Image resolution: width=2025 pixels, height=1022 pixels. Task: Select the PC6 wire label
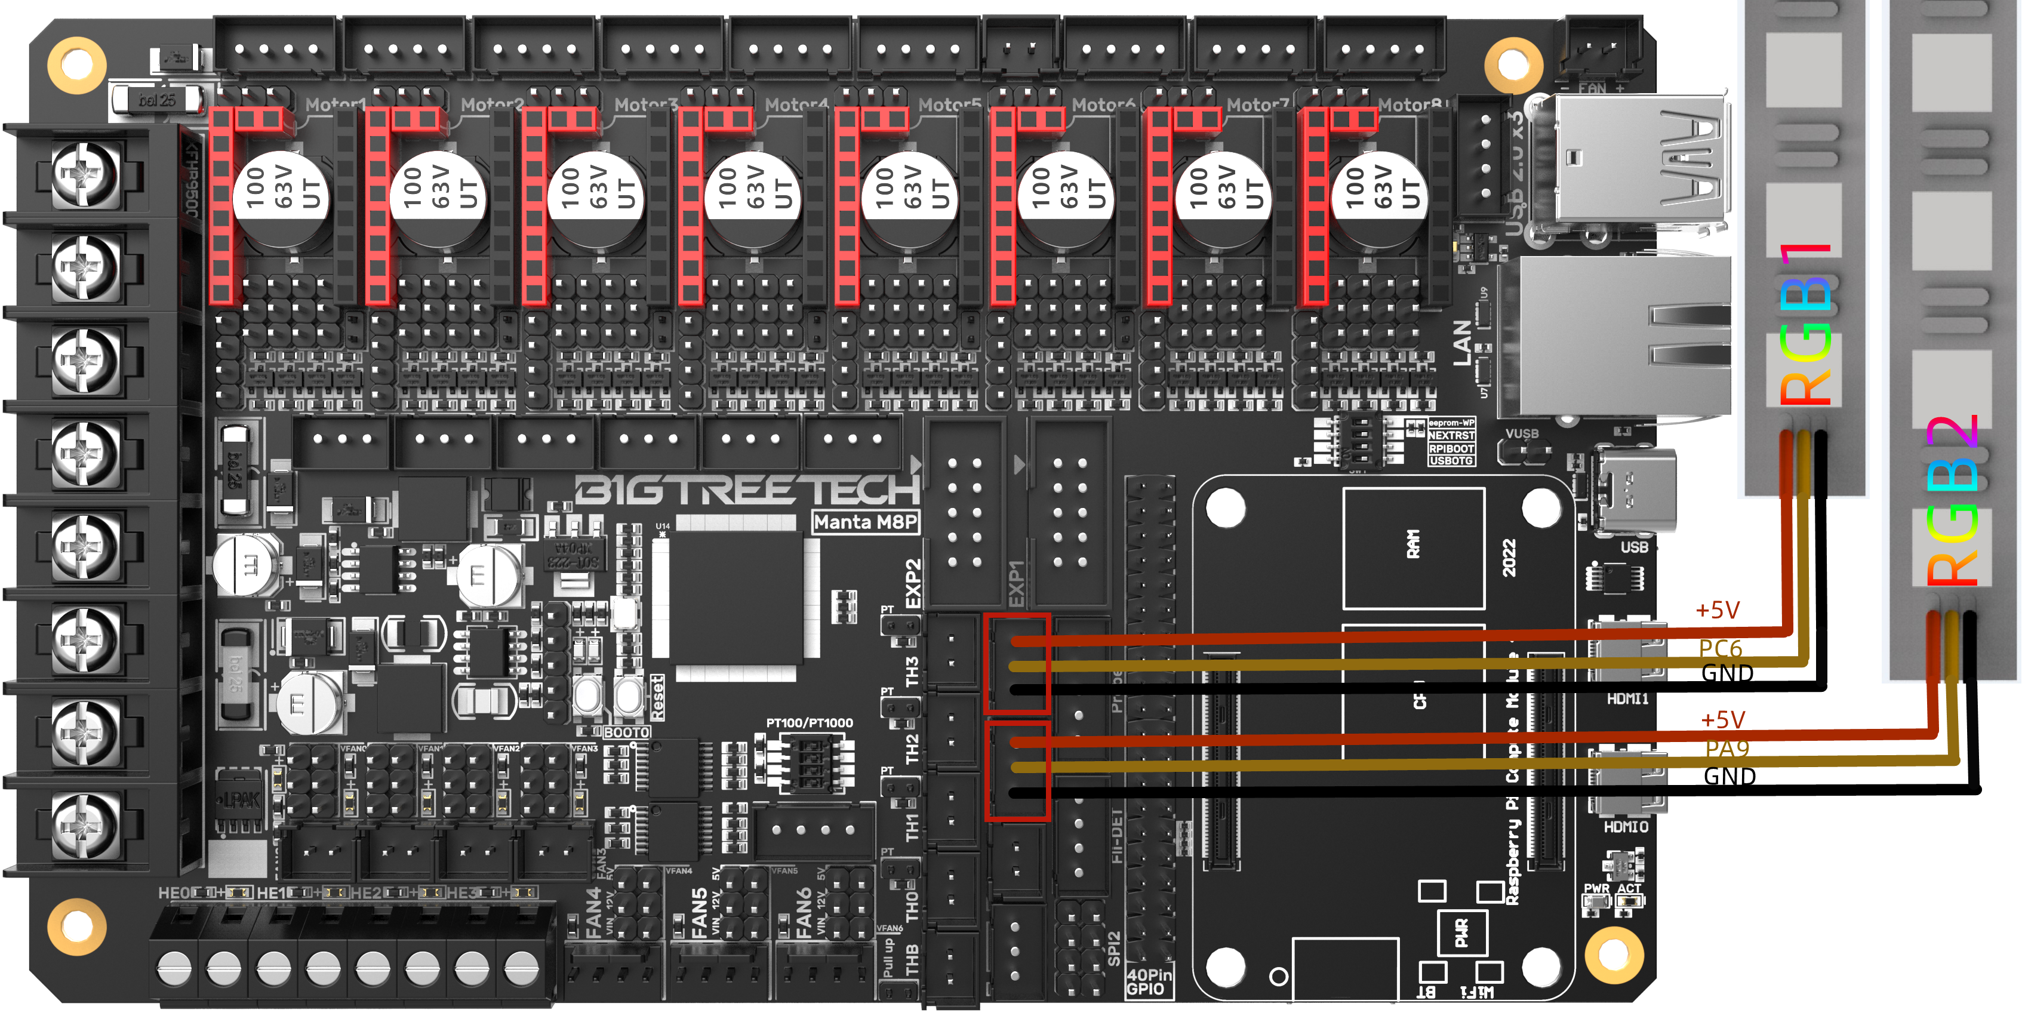(1720, 648)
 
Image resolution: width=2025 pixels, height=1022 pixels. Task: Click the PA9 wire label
(1727, 749)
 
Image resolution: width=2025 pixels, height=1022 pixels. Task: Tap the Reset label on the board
(657, 697)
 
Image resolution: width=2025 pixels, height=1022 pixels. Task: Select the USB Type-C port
(1635, 491)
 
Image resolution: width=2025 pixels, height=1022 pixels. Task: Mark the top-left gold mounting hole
(76, 64)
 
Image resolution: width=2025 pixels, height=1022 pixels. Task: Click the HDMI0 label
(1626, 827)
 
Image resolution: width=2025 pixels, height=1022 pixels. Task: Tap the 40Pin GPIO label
(1149, 982)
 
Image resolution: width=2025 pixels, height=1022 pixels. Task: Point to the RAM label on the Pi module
(1412, 544)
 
